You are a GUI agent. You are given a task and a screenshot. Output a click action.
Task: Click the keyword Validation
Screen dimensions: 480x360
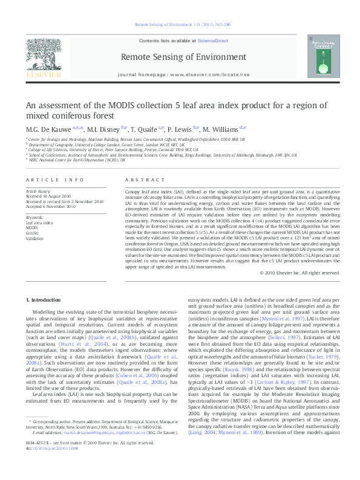35,238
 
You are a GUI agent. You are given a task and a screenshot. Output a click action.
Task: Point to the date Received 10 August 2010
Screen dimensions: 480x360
50,197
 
